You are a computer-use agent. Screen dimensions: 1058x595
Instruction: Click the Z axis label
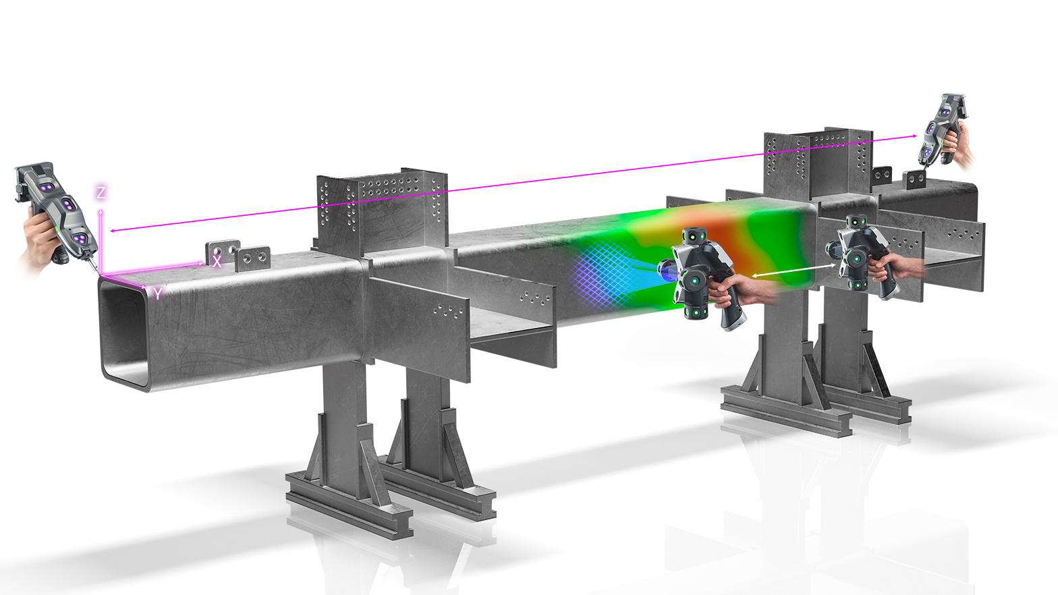tap(101, 192)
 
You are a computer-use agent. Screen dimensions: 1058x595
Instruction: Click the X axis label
tap(217, 262)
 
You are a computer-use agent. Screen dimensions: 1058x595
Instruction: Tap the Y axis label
tap(157, 294)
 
